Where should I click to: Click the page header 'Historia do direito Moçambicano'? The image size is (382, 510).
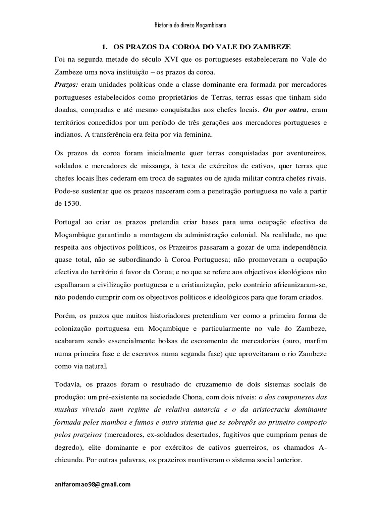(191, 25)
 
